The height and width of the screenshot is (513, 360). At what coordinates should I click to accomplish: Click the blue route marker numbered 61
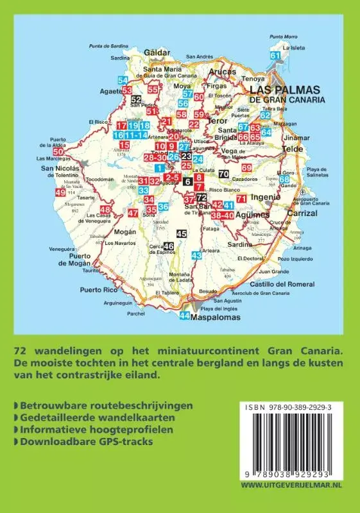pos(276,56)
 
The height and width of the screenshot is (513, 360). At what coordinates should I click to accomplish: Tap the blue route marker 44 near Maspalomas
pos(185,315)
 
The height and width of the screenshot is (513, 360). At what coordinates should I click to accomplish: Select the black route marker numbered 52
pos(135,99)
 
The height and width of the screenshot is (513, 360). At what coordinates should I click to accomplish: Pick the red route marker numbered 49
pos(60,192)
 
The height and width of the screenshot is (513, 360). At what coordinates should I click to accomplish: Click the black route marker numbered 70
pos(223,174)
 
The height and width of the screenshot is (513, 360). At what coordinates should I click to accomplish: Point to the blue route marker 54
pos(123,80)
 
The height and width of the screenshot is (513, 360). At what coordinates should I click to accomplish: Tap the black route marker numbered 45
pos(182,234)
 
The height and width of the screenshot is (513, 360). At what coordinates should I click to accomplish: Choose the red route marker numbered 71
pos(241,199)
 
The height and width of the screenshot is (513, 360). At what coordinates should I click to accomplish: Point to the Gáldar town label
pos(157,52)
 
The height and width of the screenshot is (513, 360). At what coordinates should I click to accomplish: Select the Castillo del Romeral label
pos(282,284)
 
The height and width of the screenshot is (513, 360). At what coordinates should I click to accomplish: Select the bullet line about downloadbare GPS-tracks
pos(81,441)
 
